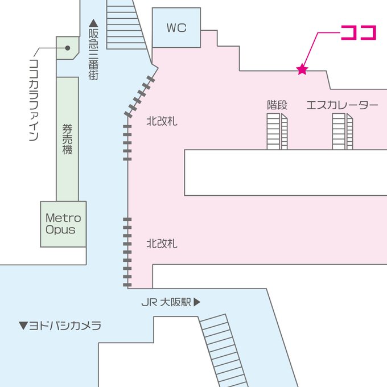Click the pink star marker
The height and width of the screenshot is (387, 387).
coord(302,70)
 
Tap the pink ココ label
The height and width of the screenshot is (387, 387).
coord(359,32)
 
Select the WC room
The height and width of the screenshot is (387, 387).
coord(176,27)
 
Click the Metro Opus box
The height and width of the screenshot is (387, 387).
coord(63,224)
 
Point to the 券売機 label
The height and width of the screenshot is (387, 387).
coord(67,139)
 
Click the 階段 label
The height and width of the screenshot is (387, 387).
coord(277,105)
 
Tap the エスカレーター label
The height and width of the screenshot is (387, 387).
coord(342,105)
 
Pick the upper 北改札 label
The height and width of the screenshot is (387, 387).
coord(162,121)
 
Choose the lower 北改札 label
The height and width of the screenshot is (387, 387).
coord(162,244)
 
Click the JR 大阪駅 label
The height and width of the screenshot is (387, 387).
coord(166,303)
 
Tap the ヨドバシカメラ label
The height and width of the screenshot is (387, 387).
coord(64,326)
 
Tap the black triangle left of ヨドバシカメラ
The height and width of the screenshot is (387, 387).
coord(23,326)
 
